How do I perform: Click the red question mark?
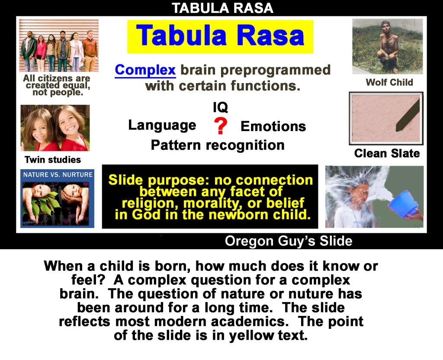pos(221,126)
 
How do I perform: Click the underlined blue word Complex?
pos(145,70)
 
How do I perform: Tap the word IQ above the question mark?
pos(220,107)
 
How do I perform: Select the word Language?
pos(162,125)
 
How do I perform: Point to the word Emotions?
pos(273,126)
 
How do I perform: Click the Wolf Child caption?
pos(389,82)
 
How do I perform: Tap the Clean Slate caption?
pos(387,153)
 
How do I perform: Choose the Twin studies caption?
pos(53,160)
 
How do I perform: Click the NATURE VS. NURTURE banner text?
pos(58,175)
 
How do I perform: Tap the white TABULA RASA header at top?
pos(222,8)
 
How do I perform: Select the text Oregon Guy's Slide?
pos(289,241)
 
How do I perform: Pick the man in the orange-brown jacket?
pos(90,51)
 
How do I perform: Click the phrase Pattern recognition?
pos(218,145)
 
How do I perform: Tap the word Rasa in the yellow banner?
pos(270,35)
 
